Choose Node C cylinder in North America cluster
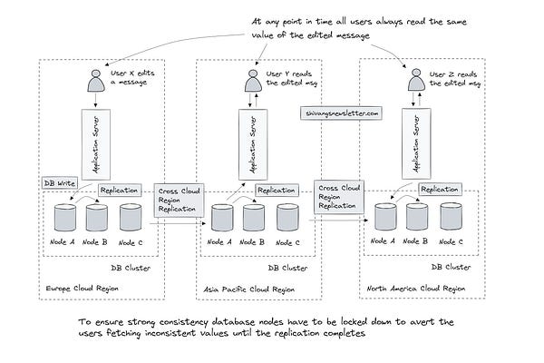coord(450,218)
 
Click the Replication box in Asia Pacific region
coord(277,191)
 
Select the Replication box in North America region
coord(440,189)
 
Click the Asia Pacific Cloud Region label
coord(246,289)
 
